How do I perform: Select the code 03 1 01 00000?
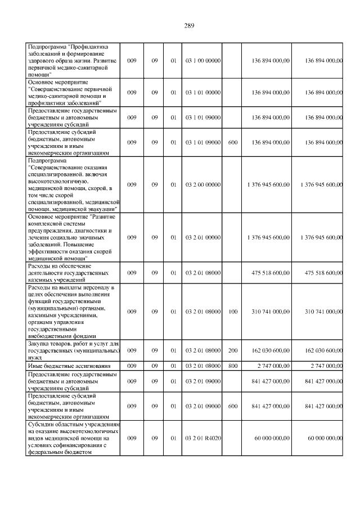pos(202,92)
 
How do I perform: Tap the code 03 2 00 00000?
pos(202,184)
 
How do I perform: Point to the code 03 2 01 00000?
pos(202,237)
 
